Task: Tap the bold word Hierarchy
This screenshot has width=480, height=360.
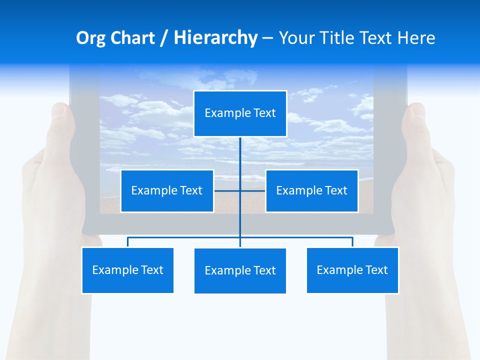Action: click(x=215, y=38)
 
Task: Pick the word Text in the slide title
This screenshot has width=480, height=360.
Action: click(x=380, y=38)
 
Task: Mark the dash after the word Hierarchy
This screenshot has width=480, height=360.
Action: click(x=267, y=38)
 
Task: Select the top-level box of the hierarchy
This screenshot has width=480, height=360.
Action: click(x=240, y=113)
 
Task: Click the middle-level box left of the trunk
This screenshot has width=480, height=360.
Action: click(x=167, y=190)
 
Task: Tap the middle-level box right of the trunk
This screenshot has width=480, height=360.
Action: click(x=311, y=190)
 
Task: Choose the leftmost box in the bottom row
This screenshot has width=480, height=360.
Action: click(x=127, y=270)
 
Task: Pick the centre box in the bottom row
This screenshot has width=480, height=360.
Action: click(x=240, y=270)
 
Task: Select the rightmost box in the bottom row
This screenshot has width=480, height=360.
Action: click(x=352, y=270)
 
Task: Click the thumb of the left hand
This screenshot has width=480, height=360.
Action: click(x=60, y=125)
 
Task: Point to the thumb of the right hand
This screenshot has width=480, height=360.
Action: click(x=416, y=125)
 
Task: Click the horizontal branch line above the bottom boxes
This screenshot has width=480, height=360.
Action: click(x=185, y=237)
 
